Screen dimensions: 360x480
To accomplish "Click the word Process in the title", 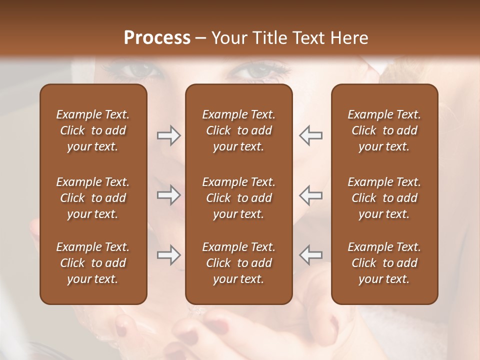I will point(157,38).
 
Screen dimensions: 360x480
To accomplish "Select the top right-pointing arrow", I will point(168,135).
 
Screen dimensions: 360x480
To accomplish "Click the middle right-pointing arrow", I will point(168,195).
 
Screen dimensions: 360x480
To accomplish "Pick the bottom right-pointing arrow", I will point(168,255).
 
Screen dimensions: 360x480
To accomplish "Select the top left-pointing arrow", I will point(310,135).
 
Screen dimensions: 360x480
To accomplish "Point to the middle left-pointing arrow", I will point(310,195).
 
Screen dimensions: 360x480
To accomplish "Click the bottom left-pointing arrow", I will point(310,255).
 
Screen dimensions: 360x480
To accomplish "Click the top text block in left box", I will point(93,130).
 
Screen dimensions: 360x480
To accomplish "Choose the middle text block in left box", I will point(93,198).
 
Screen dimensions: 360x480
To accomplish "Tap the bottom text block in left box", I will point(93,263).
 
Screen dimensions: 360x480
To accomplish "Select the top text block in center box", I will point(238,130).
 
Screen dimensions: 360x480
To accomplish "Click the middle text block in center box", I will point(238,198).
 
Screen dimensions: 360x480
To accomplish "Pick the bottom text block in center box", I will point(238,263).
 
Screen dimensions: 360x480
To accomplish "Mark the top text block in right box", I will point(384,130).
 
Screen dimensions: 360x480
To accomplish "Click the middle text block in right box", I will point(384,198).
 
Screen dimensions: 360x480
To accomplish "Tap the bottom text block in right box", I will point(384,263).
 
